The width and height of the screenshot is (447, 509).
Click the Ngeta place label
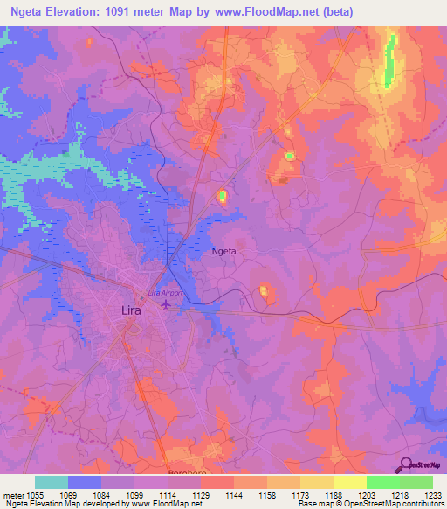[x=225, y=251]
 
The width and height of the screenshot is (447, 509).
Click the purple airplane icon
[x=167, y=304]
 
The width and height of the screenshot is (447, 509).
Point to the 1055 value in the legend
[x=36, y=494]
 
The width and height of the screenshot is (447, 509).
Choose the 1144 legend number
[x=234, y=494]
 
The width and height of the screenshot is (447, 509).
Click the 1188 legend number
[x=334, y=494]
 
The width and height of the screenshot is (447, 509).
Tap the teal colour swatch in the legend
[x=52, y=482]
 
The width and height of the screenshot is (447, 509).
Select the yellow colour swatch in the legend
[x=349, y=482]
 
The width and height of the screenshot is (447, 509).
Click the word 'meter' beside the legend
[x=13, y=494]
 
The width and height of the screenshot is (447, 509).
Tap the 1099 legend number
[x=134, y=494]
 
